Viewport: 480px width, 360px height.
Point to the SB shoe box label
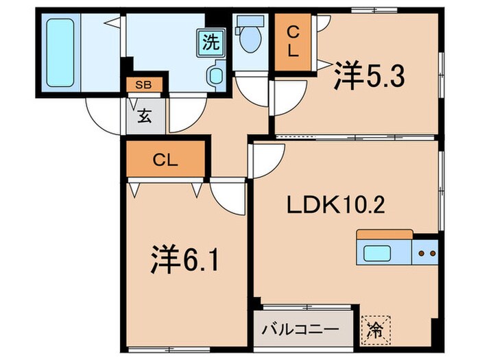pyautogui.click(x=144, y=86)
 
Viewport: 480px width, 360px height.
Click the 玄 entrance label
pyautogui.click(x=145, y=116)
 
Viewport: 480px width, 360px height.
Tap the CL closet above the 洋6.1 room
pyautogui.click(x=165, y=160)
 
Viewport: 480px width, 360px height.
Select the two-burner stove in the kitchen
pyautogui.click(x=426, y=254)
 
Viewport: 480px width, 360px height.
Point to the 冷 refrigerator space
pyautogui.click(x=376, y=328)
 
